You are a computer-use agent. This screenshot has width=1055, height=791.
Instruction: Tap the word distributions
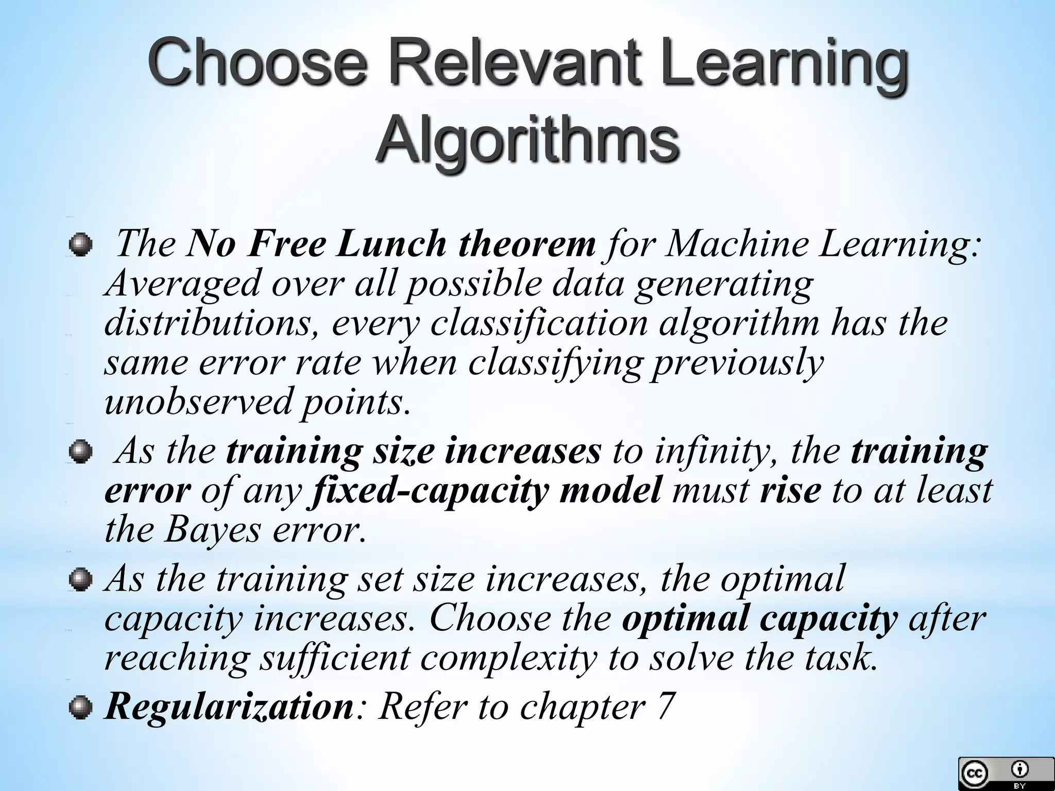[211, 323]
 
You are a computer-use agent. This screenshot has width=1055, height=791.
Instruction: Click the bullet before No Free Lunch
[81, 244]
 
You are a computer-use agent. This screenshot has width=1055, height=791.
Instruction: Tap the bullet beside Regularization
[81, 708]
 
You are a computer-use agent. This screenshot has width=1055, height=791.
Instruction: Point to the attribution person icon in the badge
[1019, 769]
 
